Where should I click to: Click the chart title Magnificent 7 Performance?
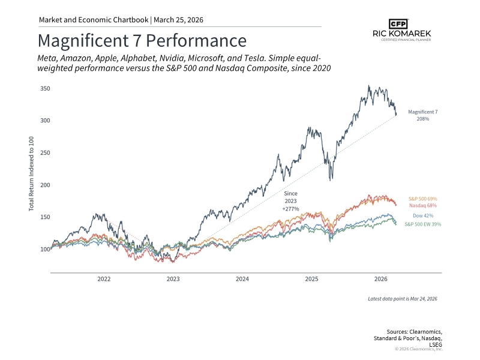tap(142, 41)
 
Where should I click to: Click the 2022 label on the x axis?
tap(104, 279)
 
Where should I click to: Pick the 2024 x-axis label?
tap(242, 279)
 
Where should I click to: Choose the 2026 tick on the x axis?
tap(380, 279)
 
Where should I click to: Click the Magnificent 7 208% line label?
tap(423, 115)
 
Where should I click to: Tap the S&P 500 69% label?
tap(424, 198)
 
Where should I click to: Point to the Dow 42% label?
tap(424, 215)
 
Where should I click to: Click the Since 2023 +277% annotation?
tap(291, 201)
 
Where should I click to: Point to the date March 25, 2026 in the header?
tap(178, 20)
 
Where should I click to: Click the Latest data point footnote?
tap(403, 298)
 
